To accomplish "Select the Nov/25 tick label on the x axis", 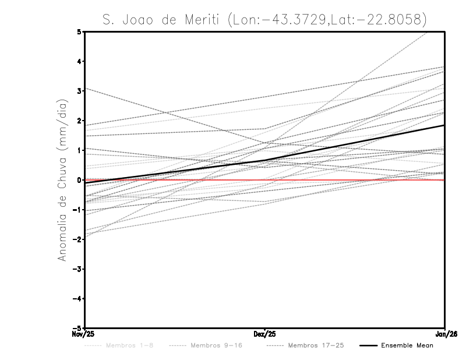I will pos(83,334).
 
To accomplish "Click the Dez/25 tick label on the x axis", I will pos(264,334).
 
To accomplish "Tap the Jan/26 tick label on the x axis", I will pos(445,334).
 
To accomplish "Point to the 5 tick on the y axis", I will pos(79,31).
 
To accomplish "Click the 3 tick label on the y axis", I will pos(79,91).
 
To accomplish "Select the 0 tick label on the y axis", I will pos(79,180).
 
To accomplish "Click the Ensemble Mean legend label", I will pos(407,345).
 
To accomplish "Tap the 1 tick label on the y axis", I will pos(79,150).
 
